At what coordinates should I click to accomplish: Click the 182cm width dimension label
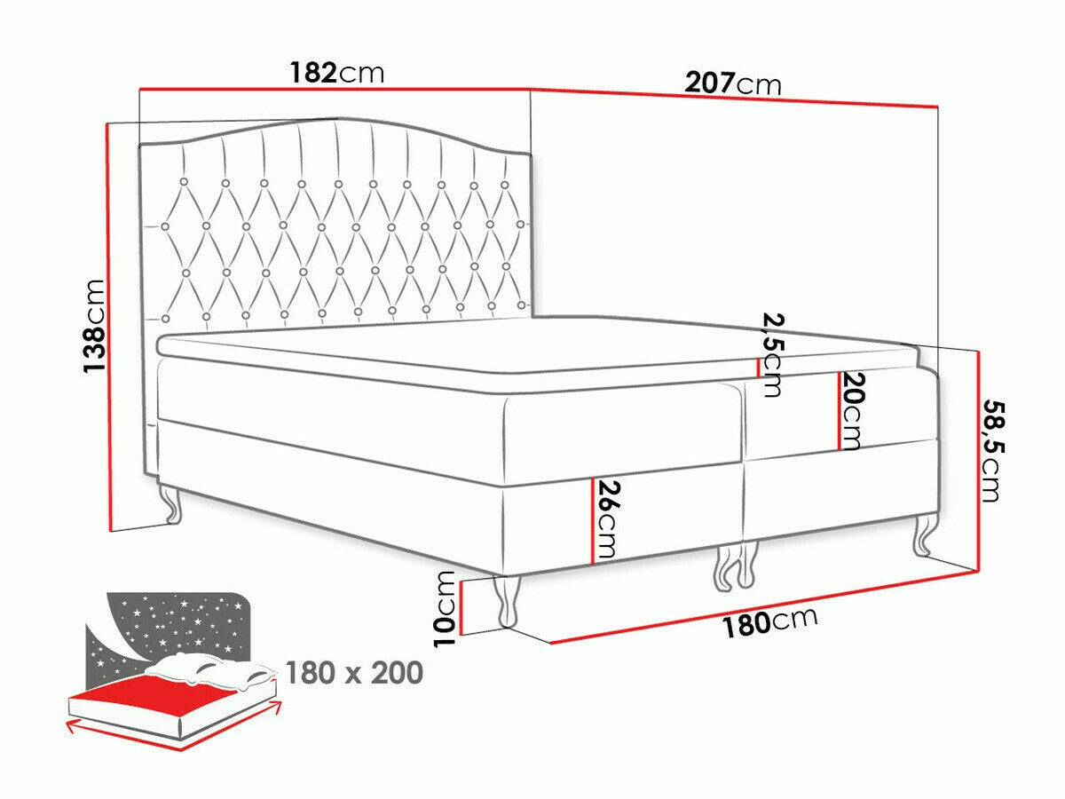click(x=336, y=73)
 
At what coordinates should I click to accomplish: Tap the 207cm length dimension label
click(x=733, y=83)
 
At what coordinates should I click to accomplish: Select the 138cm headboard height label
click(x=94, y=326)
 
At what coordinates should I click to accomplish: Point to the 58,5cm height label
click(x=991, y=451)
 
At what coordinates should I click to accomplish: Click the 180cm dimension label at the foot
click(x=770, y=622)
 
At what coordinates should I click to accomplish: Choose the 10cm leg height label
click(x=445, y=609)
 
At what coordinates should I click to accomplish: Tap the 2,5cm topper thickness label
click(x=772, y=354)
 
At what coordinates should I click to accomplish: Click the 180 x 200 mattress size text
click(x=354, y=673)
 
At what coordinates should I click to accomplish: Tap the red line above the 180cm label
click(x=762, y=606)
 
